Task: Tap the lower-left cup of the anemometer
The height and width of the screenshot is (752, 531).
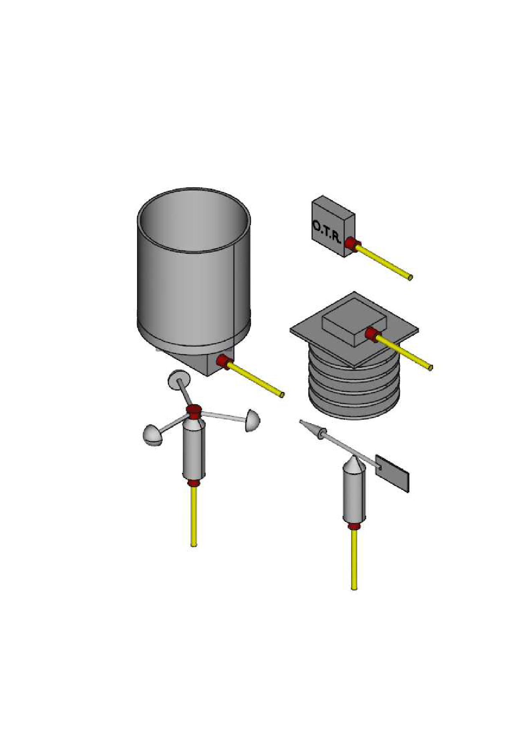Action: tap(152, 436)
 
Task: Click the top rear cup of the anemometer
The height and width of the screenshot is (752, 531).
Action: tap(178, 379)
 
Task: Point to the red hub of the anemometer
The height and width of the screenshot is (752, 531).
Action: tap(194, 411)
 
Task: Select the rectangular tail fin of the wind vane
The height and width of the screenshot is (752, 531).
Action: tap(393, 473)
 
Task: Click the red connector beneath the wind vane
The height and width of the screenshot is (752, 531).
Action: tap(354, 527)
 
